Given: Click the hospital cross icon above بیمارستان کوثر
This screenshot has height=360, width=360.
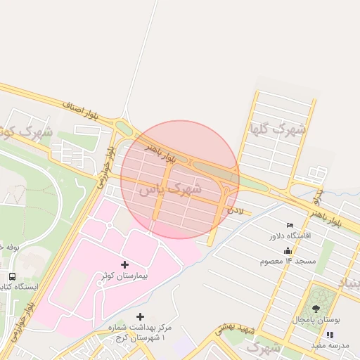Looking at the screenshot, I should [x=125, y=264].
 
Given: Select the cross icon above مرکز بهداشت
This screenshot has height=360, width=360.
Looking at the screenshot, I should [x=140, y=317].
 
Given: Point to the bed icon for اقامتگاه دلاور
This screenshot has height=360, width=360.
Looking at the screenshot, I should [x=290, y=225].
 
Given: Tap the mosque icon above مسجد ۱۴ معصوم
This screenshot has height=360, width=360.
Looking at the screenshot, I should [x=287, y=251].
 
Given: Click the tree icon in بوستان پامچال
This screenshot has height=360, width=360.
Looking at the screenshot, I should [x=315, y=309].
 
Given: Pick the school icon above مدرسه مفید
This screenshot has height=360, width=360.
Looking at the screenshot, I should [x=330, y=335].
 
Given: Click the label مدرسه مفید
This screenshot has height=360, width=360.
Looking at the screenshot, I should [x=330, y=345].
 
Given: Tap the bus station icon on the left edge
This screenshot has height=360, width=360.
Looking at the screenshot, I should [x=12, y=276].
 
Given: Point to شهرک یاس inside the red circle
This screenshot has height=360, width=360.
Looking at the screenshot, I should [x=169, y=189].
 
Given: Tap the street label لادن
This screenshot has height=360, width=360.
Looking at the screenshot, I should [x=235, y=210].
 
